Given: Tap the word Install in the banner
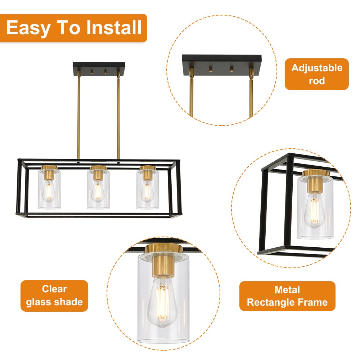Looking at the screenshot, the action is pyautogui.click(x=114, y=27).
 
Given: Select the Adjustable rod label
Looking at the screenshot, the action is pyautogui.click(x=316, y=74).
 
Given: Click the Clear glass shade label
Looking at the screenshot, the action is pyautogui.click(x=54, y=296).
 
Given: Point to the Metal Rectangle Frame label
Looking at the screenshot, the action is pyautogui.click(x=287, y=296).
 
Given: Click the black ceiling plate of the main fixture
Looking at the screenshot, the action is pyautogui.click(x=99, y=69).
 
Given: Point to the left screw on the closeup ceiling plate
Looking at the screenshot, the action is pyautogui.click(x=211, y=69).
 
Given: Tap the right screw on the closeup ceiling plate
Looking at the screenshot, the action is pyautogui.click(x=231, y=69).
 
